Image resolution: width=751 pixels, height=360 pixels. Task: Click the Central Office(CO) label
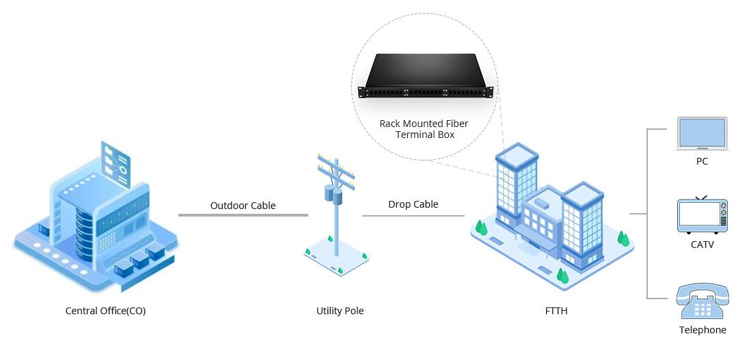[105, 311]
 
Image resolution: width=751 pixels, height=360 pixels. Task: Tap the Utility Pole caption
[340, 311]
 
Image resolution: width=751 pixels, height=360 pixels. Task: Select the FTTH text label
[556, 311]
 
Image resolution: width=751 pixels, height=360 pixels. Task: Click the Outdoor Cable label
[243, 205]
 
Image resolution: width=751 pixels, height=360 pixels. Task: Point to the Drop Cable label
[413, 204]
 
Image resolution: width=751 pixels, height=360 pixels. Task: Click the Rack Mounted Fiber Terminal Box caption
[424, 129]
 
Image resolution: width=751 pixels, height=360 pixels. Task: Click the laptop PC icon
[702, 134]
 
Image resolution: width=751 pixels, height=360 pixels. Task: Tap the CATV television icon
[702, 214]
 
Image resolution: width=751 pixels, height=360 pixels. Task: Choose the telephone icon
[702, 301]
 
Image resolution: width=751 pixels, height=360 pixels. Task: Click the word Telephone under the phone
[702, 330]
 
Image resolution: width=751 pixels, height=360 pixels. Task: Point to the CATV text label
[702, 244]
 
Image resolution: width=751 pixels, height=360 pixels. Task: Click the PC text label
[702, 162]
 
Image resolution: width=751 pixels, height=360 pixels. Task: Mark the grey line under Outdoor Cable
[243, 215]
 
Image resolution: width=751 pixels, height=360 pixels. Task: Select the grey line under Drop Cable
[413, 216]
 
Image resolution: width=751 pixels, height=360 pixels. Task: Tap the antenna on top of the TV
[701, 197]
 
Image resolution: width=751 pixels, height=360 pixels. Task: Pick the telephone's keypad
[702, 309]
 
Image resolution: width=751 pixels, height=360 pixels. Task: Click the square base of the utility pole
[336, 256]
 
